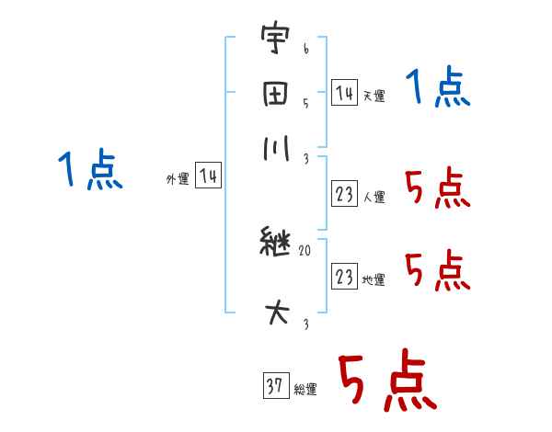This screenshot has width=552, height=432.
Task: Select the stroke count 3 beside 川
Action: pos(305,157)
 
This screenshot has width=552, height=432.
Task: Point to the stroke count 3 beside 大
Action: pos(305,324)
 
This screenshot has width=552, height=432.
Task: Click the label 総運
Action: pos(305,390)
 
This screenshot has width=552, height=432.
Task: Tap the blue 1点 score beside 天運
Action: pos(438,89)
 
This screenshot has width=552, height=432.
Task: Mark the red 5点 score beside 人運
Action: pos(438,190)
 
